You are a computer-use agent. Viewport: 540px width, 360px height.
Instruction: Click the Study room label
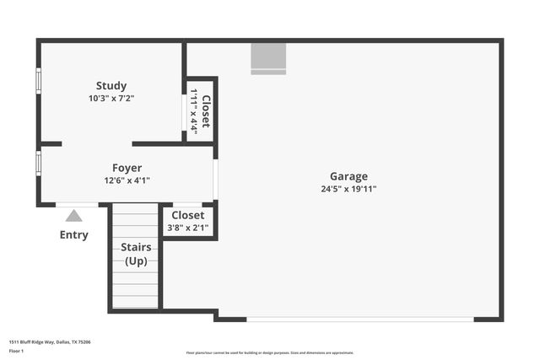[x=111, y=85]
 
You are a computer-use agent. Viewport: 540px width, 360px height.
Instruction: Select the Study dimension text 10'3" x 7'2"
[x=111, y=98]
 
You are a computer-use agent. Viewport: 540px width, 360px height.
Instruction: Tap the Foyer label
[x=127, y=168]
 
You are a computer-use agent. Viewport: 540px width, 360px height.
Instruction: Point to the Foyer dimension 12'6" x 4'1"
[x=127, y=180]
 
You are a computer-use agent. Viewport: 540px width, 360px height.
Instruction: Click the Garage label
[x=348, y=176]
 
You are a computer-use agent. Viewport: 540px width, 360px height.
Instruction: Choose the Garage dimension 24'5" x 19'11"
[x=348, y=189]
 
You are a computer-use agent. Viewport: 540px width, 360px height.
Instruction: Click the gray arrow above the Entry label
[x=74, y=216]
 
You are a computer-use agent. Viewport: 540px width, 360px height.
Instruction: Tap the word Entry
[x=74, y=234]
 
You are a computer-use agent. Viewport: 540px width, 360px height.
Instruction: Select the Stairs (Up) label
[x=136, y=254]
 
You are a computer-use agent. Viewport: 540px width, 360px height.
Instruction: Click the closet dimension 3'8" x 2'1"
[x=188, y=227]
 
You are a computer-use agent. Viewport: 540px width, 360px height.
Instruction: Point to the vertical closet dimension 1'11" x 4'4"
[x=194, y=110]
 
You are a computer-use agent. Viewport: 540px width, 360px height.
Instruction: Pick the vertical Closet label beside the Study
[x=206, y=110]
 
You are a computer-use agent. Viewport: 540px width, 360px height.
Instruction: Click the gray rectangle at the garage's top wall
[x=268, y=58]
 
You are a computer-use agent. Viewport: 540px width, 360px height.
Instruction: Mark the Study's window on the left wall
[x=38, y=81]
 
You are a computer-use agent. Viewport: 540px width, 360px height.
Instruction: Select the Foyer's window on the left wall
[x=38, y=162]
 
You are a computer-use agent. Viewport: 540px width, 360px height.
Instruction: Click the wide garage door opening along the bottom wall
[x=360, y=319]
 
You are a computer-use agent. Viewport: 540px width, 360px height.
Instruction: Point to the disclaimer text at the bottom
[x=270, y=352]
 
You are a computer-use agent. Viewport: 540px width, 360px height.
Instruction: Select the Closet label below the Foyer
[x=188, y=215]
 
